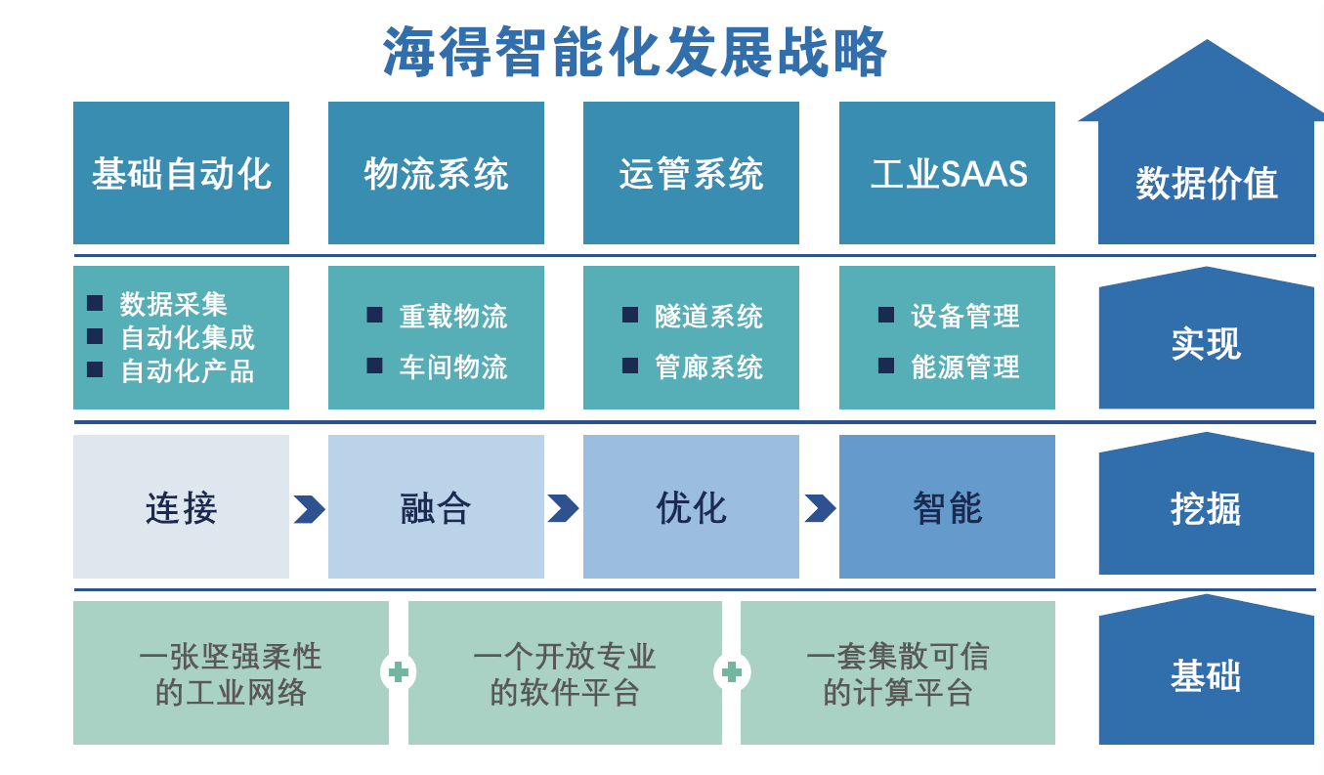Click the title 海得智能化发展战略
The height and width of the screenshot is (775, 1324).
(x=634, y=52)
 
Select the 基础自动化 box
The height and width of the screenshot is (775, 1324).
(x=181, y=173)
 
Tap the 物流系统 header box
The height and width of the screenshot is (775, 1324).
(x=436, y=173)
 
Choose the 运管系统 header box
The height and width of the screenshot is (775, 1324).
(x=691, y=173)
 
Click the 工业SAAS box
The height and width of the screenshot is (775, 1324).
(x=947, y=173)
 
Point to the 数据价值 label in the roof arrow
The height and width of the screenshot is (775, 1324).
(x=1207, y=183)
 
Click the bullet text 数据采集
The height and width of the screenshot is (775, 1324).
(x=173, y=304)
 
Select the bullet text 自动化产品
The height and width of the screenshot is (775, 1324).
(x=188, y=370)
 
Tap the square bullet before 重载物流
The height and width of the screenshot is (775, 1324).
(x=374, y=315)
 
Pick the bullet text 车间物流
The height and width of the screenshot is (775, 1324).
(x=453, y=366)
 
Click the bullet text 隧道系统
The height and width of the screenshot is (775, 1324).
(x=708, y=316)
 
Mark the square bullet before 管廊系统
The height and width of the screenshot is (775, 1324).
(x=630, y=366)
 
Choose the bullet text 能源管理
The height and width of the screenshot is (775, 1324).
(x=965, y=366)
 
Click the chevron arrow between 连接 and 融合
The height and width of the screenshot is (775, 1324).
(x=309, y=509)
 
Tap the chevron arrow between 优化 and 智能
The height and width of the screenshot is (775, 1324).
(x=820, y=508)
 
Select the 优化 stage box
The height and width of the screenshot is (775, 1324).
(x=691, y=506)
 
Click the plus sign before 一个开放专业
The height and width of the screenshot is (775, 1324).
(x=399, y=672)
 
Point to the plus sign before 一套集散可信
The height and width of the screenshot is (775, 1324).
(x=732, y=672)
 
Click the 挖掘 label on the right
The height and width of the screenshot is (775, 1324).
(x=1206, y=508)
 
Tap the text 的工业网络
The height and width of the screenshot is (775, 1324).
(x=231, y=692)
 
